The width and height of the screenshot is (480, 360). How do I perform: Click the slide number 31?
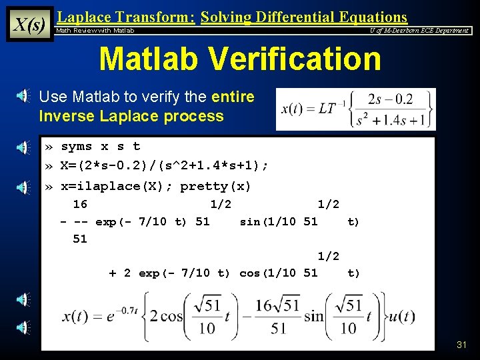click(461, 345)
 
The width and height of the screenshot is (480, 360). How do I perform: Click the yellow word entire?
click(233, 97)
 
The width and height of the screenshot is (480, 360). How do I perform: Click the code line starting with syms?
click(100, 146)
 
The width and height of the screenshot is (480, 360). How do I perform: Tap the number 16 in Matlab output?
click(80, 204)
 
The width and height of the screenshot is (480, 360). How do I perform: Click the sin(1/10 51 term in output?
click(279, 221)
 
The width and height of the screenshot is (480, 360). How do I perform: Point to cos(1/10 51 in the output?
click(279, 273)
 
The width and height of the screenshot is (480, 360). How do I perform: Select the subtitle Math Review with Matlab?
click(95, 31)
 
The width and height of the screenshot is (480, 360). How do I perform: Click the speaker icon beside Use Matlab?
click(23, 97)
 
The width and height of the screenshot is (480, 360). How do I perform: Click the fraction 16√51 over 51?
click(279, 316)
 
